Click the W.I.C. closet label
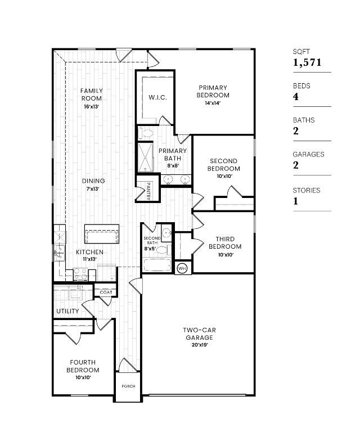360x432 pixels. [x=157, y=97]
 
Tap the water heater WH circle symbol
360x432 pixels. [x=182, y=268]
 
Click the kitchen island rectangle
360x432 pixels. [x=102, y=232]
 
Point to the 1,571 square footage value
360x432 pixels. [x=307, y=62]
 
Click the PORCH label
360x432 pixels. [x=128, y=387]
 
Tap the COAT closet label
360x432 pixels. [x=106, y=292]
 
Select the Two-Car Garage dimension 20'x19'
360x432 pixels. [x=199, y=345]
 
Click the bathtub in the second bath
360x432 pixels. [x=157, y=265]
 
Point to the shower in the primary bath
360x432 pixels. [x=145, y=157]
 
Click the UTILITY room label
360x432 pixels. [x=67, y=311]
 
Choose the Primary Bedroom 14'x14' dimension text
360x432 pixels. [x=213, y=103]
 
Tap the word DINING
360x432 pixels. [x=93, y=181]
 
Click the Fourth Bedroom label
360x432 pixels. [x=83, y=366]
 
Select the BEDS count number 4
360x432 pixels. [x=296, y=97]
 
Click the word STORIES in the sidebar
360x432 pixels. [x=306, y=190]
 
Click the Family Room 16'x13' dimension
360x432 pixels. [x=91, y=106]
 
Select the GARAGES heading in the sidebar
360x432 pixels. [x=308, y=154]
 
